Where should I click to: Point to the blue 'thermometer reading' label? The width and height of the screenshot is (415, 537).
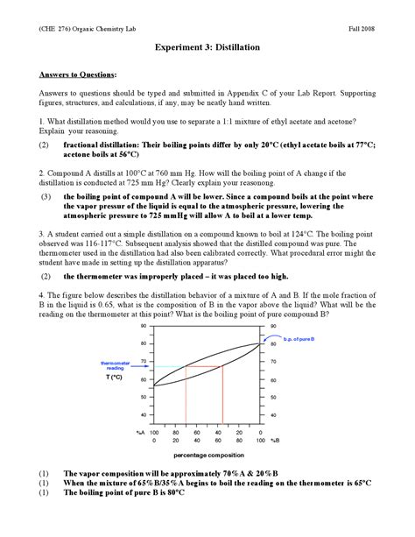click(x=115, y=365)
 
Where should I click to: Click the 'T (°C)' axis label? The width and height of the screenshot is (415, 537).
click(x=115, y=377)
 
